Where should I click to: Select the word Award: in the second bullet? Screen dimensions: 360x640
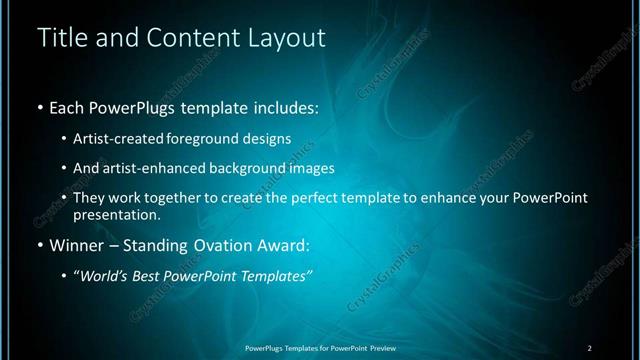click(284, 243)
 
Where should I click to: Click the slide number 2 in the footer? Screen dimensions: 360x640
click(590, 347)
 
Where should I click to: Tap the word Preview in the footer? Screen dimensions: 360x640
click(380, 347)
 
